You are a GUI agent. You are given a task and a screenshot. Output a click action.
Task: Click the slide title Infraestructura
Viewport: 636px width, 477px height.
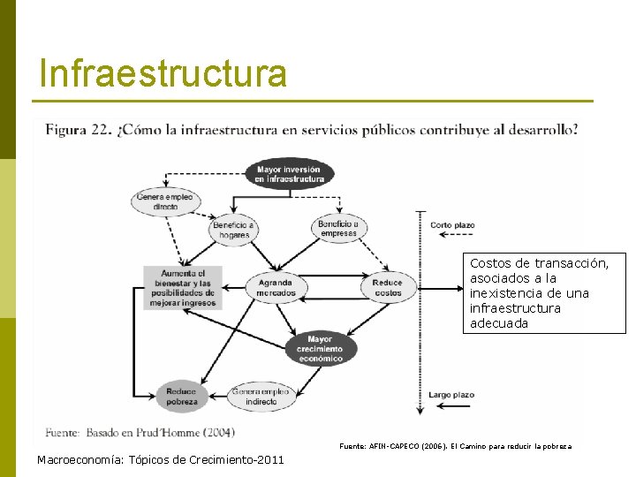click(x=163, y=73)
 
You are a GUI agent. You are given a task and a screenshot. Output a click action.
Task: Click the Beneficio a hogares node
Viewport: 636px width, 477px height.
click(x=233, y=230)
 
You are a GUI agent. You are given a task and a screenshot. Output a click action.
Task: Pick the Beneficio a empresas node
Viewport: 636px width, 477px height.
click(x=338, y=228)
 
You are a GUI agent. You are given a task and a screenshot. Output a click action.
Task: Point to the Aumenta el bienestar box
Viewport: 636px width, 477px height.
click(x=183, y=287)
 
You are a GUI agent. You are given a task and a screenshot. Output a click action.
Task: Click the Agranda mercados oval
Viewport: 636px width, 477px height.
click(x=276, y=287)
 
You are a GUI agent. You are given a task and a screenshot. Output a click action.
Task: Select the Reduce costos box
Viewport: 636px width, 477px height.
click(x=387, y=287)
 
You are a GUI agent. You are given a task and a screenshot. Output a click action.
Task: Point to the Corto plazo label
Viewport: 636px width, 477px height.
click(x=452, y=225)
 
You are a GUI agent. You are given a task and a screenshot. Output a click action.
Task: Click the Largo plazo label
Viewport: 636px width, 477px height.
click(x=450, y=395)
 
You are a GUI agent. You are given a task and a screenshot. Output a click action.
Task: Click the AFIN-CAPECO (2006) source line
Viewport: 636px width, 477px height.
click(x=455, y=447)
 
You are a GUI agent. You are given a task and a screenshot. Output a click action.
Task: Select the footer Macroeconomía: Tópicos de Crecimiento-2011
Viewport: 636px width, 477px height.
click(x=161, y=458)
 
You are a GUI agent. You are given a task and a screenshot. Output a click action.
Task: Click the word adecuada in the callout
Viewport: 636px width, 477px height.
click(x=499, y=323)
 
